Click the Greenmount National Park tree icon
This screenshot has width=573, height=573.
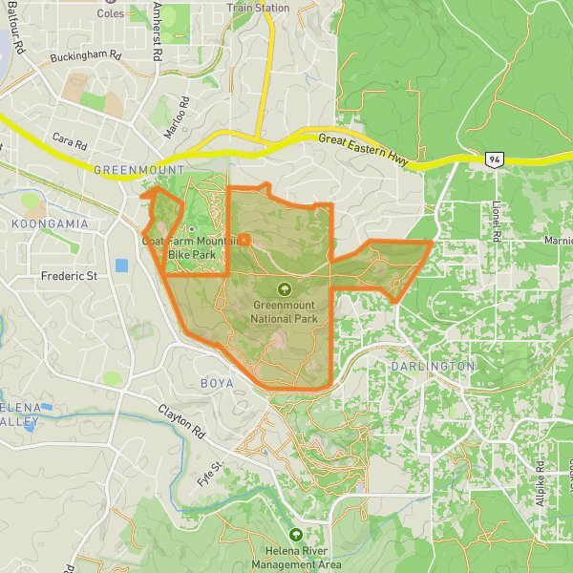[285, 288]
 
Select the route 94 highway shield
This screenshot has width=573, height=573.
[493, 159]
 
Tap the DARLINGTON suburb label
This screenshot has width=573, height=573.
[433, 367]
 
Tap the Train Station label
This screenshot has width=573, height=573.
[258, 8]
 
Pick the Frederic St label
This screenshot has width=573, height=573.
[70, 276]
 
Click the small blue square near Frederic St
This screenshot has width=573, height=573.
[120, 265]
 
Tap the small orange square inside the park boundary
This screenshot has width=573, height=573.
[244, 240]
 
